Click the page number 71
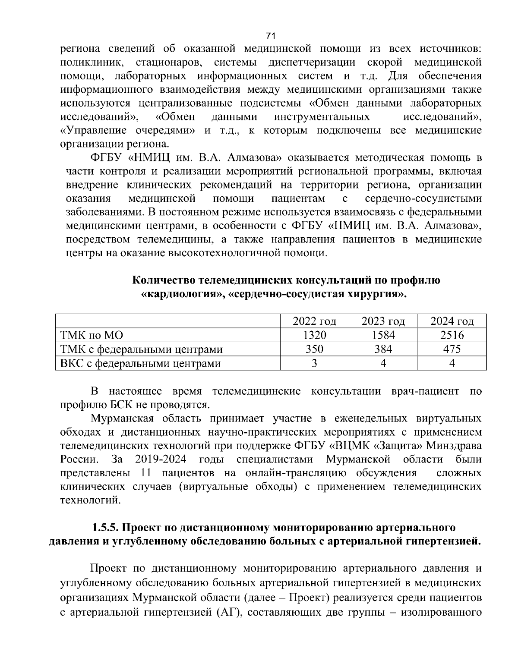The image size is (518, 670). tap(271, 36)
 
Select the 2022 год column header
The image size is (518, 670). tap(314, 321)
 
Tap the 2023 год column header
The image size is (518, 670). tap(383, 321)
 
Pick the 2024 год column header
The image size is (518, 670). tap(452, 321)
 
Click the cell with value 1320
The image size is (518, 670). tap(314, 335)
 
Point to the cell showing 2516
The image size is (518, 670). tap(452, 335)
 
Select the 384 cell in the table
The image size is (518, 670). tap(383, 349)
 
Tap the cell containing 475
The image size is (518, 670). tap(452, 349)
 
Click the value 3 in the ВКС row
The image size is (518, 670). tap(314, 363)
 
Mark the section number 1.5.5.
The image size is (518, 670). tap(105, 528)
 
